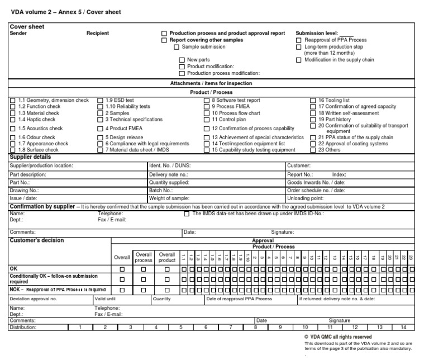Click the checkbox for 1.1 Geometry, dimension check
(13, 100)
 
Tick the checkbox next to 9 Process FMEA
(207, 106)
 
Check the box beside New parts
(182, 60)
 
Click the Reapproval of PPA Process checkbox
(299, 41)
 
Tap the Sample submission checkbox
(177, 47)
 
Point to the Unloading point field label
(306, 198)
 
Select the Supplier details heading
(32, 158)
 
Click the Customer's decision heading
(37, 240)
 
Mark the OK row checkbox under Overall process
(144, 269)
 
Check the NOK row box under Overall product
(166, 290)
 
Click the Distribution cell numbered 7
(230, 328)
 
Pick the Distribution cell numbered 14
(403, 328)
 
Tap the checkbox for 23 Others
(313, 150)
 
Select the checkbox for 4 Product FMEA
(101, 129)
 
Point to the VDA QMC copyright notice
(337, 337)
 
